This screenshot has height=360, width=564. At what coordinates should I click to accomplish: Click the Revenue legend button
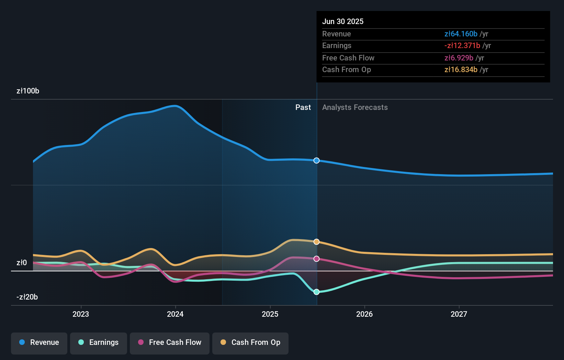39,342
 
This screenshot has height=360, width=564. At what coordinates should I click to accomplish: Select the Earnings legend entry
99,342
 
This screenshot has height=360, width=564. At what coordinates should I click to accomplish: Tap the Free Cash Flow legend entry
170,342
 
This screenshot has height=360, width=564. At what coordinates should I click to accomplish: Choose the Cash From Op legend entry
250,342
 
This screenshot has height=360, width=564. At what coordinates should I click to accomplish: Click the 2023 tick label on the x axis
81,314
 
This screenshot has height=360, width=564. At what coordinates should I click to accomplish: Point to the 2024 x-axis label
175,314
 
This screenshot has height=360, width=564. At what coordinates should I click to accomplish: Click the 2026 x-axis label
364,314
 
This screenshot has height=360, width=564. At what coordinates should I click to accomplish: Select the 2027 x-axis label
459,314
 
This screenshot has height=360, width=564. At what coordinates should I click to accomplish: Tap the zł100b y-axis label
28,91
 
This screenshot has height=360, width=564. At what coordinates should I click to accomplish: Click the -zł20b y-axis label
27,297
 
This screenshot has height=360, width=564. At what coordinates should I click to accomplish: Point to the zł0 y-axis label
22,263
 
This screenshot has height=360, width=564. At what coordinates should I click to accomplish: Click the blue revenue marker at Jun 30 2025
317,160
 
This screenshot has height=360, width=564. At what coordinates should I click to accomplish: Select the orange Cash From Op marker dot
317,242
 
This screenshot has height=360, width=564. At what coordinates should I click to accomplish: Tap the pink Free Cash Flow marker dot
317,259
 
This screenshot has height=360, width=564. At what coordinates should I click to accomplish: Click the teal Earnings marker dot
317,292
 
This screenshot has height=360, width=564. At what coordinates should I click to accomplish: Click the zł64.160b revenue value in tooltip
461,34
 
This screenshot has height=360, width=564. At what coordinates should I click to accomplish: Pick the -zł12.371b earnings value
462,46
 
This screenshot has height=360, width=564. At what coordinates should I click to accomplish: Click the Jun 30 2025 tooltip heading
343,21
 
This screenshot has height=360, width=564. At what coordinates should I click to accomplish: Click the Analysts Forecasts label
355,108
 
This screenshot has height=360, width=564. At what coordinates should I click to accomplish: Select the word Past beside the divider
303,108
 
